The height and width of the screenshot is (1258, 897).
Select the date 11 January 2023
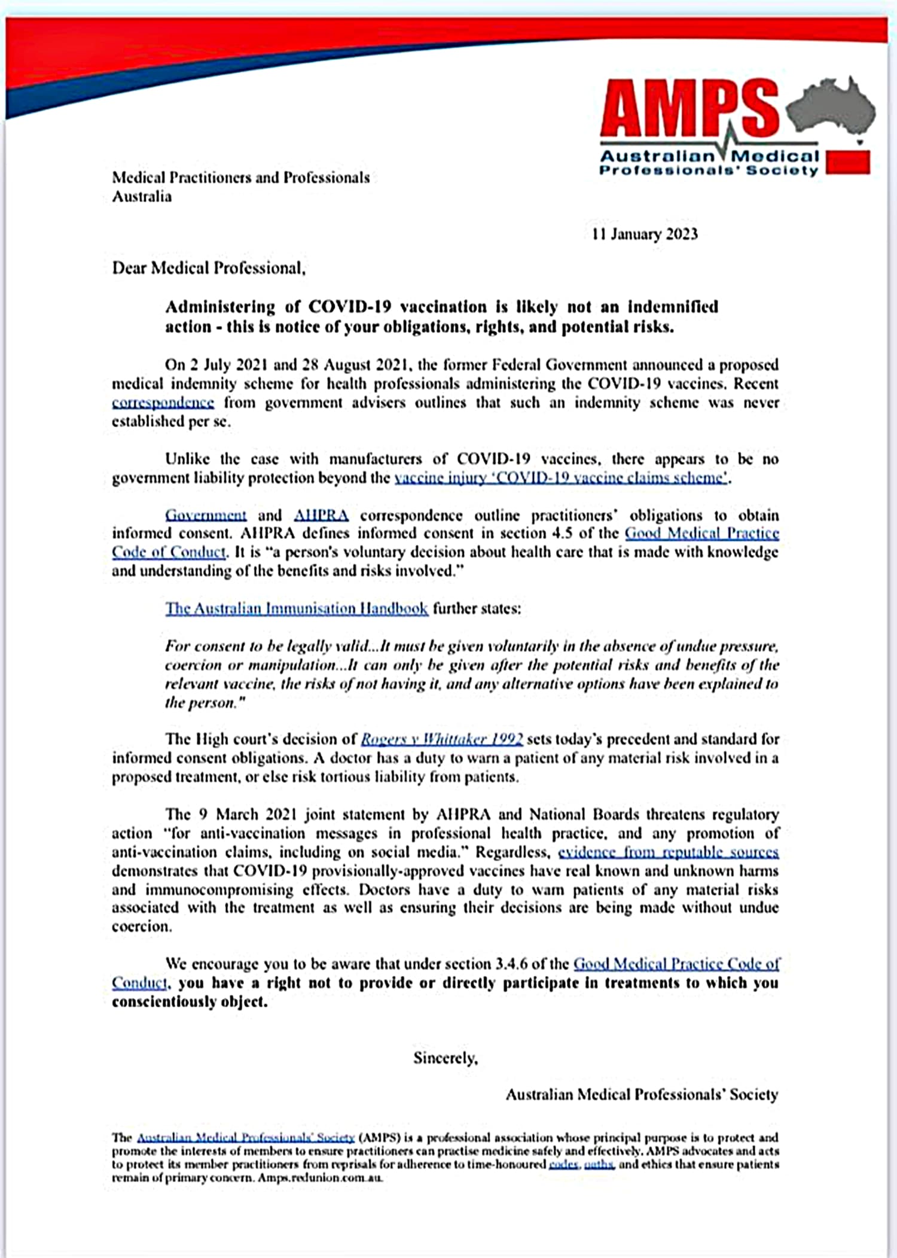[x=645, y=234]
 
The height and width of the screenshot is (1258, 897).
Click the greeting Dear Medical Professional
[x=209, y=267]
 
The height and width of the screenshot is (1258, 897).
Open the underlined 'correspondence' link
[x=163, y=403]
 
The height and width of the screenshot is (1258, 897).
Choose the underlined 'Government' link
[x=206, y=515]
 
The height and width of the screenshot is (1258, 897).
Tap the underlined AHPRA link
[x=321, y=515]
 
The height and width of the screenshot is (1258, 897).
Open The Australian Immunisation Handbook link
[x=297, y=608]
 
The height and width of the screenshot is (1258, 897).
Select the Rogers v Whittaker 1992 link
[x=442, y=739]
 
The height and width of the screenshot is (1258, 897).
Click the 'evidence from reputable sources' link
[x=668, y=852]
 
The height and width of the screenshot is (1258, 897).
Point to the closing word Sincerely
[x=446, y=1058]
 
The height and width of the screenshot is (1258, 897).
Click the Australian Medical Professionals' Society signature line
[x=642, y=1095]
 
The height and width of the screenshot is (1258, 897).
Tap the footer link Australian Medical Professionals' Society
[x=245, y=1138]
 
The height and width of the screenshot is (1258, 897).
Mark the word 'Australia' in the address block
[x=142, y=197]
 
